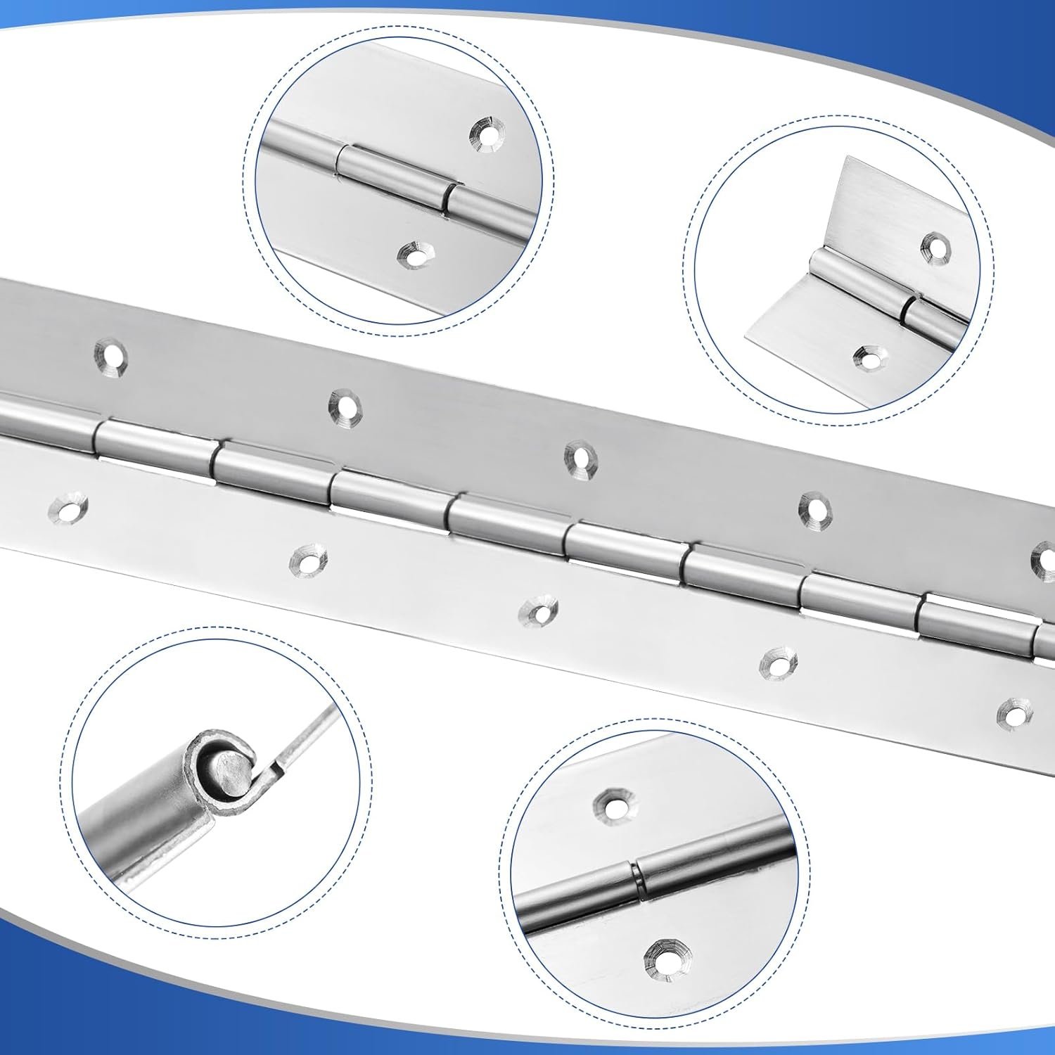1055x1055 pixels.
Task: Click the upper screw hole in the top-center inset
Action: click(x=487, y=132)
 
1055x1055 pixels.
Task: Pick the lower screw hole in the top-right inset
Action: click(x=869, y=358)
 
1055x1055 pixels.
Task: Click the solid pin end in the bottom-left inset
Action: click(x=230, y=772)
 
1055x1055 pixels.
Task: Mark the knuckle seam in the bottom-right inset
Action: click(x=637, y=879)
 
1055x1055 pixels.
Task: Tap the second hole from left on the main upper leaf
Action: click(x=345, y=407)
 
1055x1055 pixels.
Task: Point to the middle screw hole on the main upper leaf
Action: click(x=580, y=458)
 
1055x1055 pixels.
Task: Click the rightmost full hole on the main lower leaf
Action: click(x=1014, y=712)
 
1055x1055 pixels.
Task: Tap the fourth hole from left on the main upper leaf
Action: click(x=815, y=508)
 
